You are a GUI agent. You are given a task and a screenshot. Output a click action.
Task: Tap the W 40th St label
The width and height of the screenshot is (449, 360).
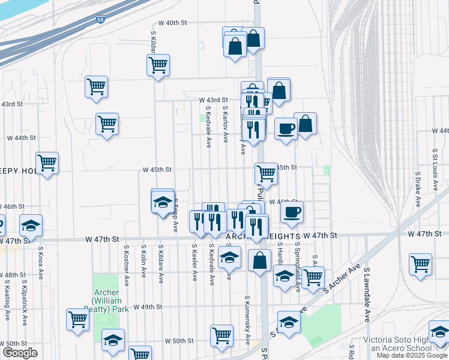click(169, 22)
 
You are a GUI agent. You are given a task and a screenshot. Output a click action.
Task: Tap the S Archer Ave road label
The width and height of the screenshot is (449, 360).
click(342, 280)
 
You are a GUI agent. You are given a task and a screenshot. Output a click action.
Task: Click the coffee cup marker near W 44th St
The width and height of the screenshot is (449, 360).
click(286, 128)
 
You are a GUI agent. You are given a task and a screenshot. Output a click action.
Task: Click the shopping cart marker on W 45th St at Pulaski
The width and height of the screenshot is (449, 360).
click(266, 173)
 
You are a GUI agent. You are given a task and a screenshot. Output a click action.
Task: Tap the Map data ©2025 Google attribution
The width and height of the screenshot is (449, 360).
click(412, 355)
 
